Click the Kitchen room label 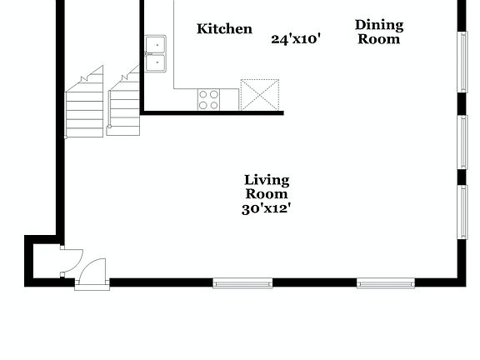pos(224,29)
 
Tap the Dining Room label pos(379,32)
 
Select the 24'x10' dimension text pos(296,38)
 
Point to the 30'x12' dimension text pos(266,208)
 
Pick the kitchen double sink pos(155,52)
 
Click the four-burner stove pos(208,100)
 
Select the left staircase pos(84,104)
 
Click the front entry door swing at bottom pos(92,272)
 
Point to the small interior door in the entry pos(68,259)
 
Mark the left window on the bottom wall pos(242,283)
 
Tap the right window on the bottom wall pos(386,283)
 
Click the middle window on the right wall pos(462,142)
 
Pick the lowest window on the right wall pos(462,212)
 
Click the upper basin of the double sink pos(155,44)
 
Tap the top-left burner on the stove pos(203,95)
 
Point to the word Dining pos(379,25)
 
